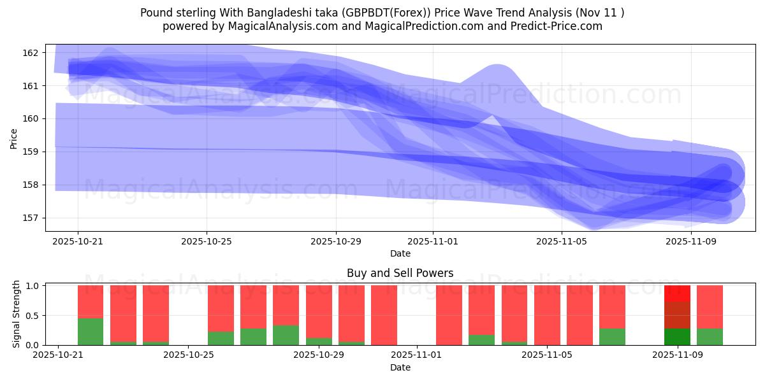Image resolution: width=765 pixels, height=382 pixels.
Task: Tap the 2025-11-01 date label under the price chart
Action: click(x=433, y=242)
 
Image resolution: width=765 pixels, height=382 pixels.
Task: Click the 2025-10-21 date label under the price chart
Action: click(x=78, y=242)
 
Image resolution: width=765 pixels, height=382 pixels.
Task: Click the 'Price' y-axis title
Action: click(x=14, y=138)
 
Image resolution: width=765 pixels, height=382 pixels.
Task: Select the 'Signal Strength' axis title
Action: click(x=17, y=313)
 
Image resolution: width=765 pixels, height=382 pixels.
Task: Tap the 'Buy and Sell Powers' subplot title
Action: click(x=400, y=273)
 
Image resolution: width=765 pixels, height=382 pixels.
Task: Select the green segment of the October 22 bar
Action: click(x=91, y=331)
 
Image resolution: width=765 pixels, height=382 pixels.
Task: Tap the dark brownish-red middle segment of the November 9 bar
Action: click(x=677, y=315)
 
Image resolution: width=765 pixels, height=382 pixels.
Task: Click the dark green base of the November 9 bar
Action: click(x=677, y=337)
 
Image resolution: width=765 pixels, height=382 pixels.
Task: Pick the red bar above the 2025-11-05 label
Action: click(x=547, y=315)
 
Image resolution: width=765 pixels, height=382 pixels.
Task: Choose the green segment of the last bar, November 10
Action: click(x=710, y=337)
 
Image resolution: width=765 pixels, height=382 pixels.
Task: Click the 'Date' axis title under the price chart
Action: click(x=400, y=253)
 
